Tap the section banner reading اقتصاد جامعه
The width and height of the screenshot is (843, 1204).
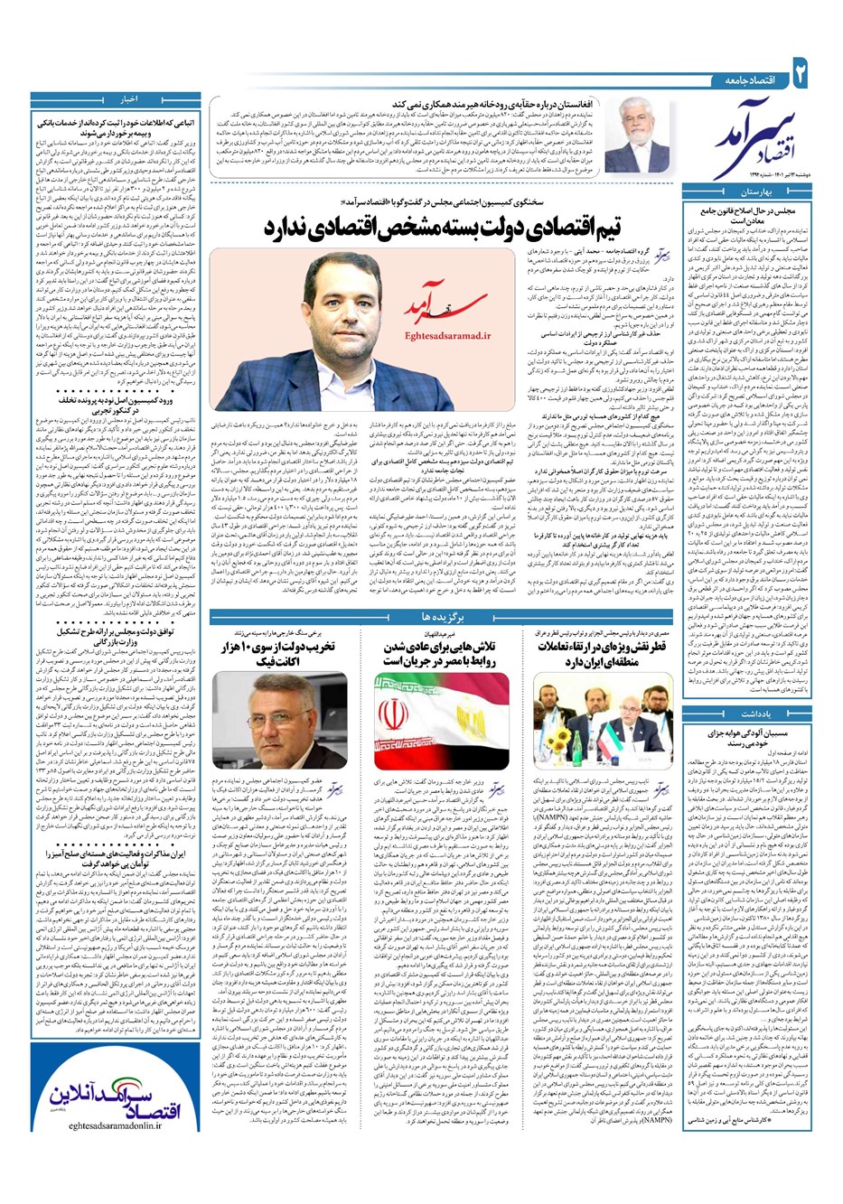click(x=740, y=80)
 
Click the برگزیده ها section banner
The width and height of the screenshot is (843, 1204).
click(x=442, y=593)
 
